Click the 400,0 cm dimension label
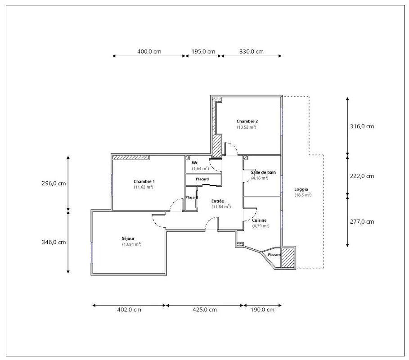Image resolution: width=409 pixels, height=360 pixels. click(149, 52)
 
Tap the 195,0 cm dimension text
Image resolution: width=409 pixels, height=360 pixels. click(203, 52)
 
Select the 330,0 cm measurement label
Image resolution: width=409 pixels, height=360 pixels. click(252, 52)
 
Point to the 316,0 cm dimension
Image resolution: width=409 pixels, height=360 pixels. click(362, 126)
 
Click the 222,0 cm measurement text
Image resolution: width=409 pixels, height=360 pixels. click(362, 176)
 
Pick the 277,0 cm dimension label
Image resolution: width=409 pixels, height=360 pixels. click(362, 222)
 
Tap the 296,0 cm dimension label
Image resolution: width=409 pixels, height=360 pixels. click(54, 184)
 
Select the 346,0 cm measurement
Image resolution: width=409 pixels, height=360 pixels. click(54, 242)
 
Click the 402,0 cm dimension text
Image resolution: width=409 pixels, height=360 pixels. click(129, 310)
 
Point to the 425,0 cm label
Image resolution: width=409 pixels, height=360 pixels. click(204, 310)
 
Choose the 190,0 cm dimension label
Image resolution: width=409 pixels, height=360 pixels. click(262, 310)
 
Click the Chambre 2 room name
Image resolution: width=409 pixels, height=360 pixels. click(247, 121)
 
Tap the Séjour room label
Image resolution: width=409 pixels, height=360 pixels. click(128, 238)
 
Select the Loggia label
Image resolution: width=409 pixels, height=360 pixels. click(301, 189)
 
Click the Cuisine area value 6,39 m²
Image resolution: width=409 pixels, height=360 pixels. click(261, 226)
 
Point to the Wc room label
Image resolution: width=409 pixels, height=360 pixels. click(195, 163)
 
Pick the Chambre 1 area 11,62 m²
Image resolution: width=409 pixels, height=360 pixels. click(144, 187)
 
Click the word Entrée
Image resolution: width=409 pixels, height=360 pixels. click(217, 201)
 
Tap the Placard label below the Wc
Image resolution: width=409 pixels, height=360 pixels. click(202, 179)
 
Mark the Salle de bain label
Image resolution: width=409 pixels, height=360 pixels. click(263, 172)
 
